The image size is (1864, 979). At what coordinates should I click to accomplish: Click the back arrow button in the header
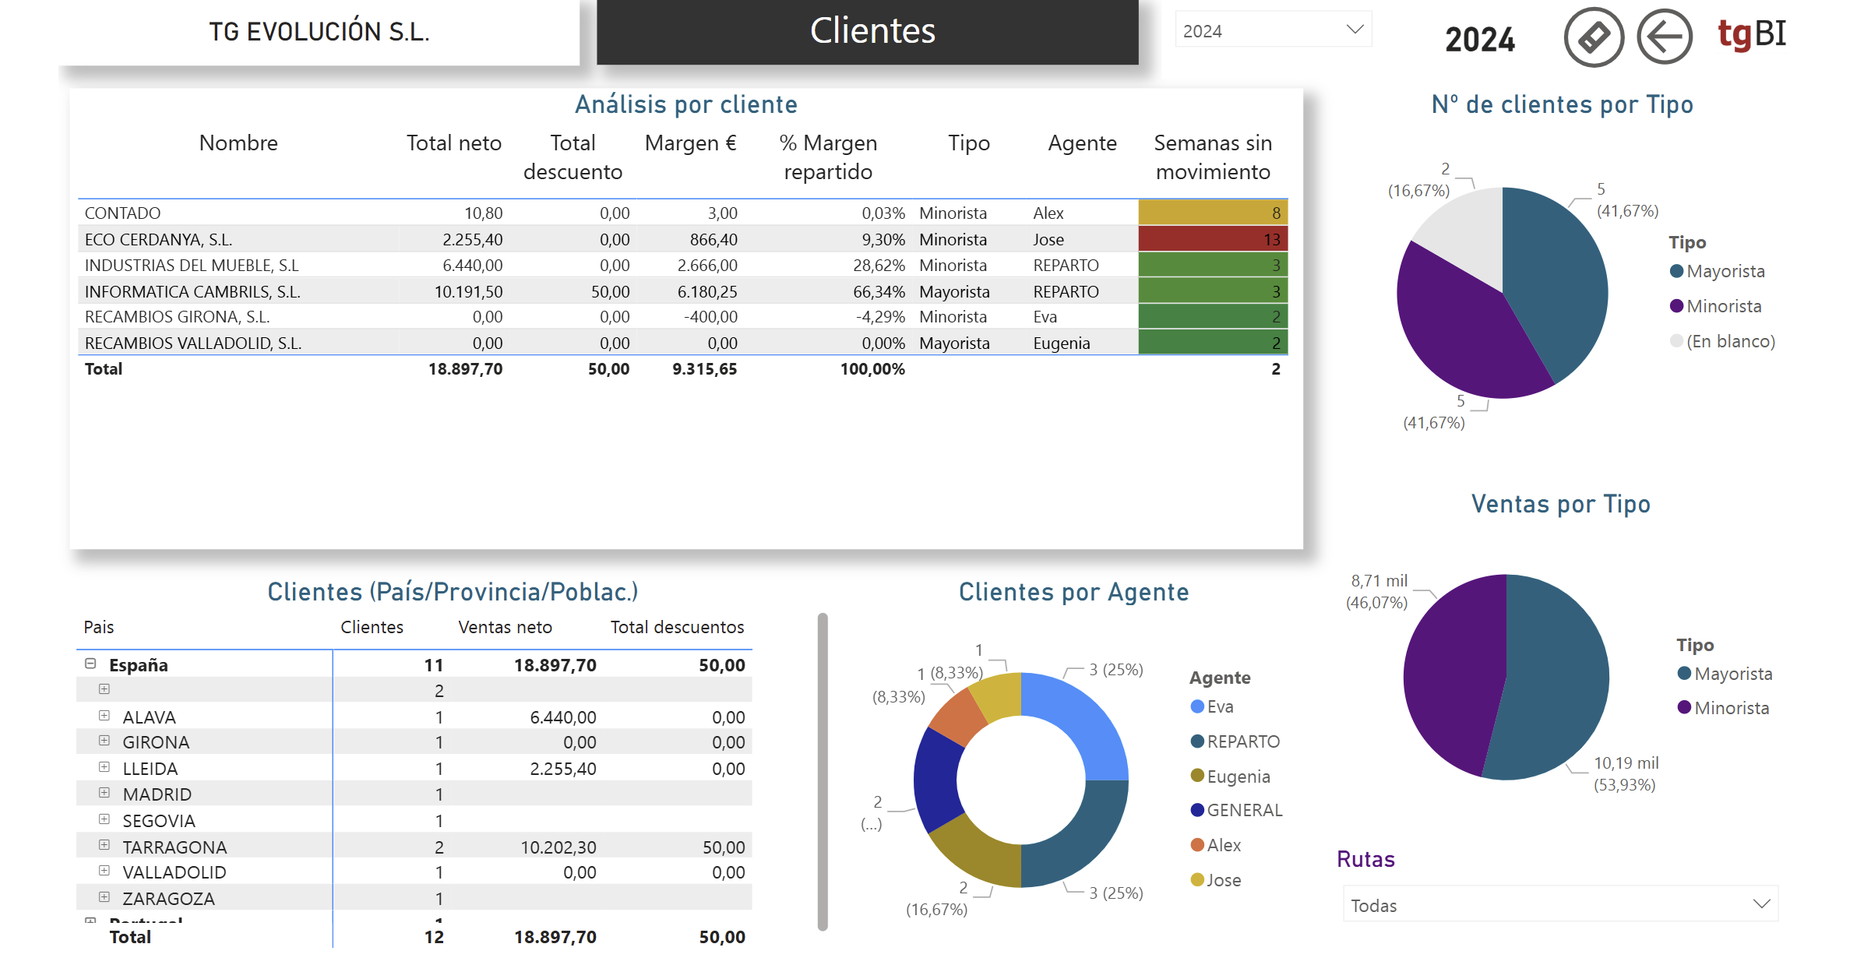tap(1664, 37)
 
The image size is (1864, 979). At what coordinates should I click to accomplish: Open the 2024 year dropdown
tap(1273, 30)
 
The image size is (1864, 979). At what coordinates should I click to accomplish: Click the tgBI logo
tap(1752, 34)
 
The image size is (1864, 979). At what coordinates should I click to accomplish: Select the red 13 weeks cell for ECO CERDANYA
tap(1213, 239)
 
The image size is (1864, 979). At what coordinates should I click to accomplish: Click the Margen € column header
tap(690, 143)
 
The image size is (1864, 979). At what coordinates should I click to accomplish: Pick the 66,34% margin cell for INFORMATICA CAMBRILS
tap(879, 292)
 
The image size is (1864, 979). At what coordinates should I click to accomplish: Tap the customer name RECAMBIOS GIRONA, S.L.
tap(177, 317)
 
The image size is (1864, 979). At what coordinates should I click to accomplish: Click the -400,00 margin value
tap(710, 317)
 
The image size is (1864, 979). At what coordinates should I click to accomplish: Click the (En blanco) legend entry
tap(1722, 341)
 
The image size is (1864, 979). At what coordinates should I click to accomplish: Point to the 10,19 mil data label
tap(1626, 763)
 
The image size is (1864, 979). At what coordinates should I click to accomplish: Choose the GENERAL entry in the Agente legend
tap(1237, 811)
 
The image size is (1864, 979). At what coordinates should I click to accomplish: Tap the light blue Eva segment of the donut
tap(1079, 718)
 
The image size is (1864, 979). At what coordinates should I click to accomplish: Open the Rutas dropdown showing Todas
tap(1560, 904)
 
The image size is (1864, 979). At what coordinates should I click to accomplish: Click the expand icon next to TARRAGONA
tap(104, 845)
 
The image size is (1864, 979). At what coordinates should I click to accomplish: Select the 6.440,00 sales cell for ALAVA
tap(562, 717)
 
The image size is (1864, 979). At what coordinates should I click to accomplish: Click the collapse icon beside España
tap(90, 664)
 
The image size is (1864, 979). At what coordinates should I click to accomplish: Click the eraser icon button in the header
tap(1594, 37)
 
